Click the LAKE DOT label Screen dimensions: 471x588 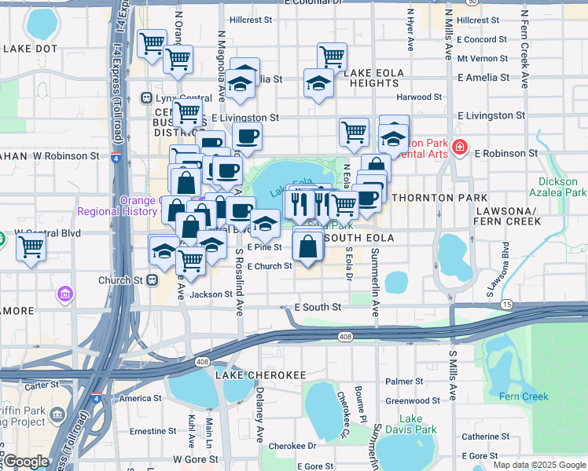[30, 49]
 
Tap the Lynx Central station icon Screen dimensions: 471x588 [145, 98]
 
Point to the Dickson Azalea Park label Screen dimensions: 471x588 [564, 187]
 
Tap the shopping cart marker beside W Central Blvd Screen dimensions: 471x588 [31, 246]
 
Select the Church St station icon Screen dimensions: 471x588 [153, 279]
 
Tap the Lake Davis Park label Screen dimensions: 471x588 [417, 424]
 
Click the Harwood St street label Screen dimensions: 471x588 [419, 97]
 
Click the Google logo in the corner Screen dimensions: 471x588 [26, 462]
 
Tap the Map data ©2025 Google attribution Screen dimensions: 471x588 [539, 465]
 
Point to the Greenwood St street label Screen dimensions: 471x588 [413, 400]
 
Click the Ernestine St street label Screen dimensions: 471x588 [153, 431]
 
